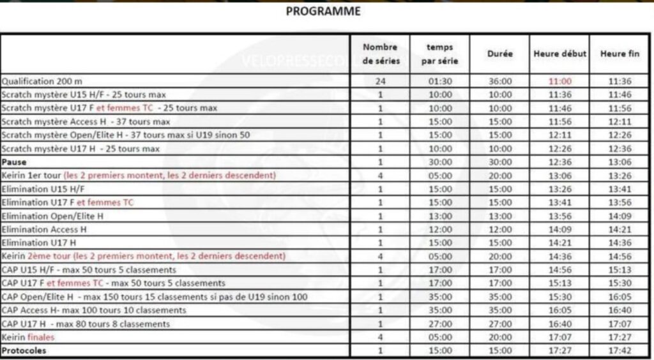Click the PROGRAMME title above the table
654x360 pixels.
(323, 11)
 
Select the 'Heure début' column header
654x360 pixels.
(559, 54)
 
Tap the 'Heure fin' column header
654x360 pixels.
(620, 54)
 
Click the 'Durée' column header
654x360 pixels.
(499, 54)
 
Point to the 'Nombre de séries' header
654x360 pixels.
(380, 54)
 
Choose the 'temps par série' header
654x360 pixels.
(440, 54)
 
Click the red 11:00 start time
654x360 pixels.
(559, 82)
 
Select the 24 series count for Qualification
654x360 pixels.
(380, 82)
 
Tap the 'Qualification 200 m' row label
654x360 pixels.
(42, 82)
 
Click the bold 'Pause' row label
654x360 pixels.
(13, 162)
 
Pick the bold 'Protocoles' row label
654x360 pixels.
(24, 350)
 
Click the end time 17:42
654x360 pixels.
(620, 350)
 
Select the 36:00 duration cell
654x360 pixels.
(499, 82)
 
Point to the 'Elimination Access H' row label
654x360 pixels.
(44, 229)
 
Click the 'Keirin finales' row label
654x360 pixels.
(28, 337)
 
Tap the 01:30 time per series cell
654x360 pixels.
(440, 82)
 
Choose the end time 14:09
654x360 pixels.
(620, 216)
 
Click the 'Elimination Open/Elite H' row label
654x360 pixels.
(52, 216)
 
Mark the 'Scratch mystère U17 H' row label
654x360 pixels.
(80, 149)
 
